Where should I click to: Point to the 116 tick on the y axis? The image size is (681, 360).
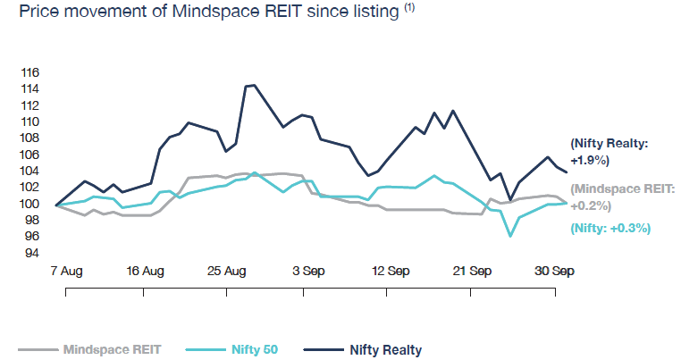point(31,72)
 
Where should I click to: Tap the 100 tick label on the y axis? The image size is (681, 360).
point(31,204)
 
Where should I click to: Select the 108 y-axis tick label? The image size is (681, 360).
point(31,138)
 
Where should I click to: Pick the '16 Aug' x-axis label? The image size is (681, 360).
point(146,271)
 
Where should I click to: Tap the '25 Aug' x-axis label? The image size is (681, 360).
point(227,271)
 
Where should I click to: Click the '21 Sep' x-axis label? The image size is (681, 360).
point(473,271)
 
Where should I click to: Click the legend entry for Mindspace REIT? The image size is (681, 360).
point(112,349)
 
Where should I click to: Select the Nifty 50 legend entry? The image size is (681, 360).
point(252,349)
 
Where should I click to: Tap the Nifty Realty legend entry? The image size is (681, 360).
point(385,349)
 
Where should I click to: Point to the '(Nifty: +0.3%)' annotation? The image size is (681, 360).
point(610,229)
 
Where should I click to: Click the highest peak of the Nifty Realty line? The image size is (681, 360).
point(254,85)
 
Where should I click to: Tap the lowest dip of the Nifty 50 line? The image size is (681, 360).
point(510,236)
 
